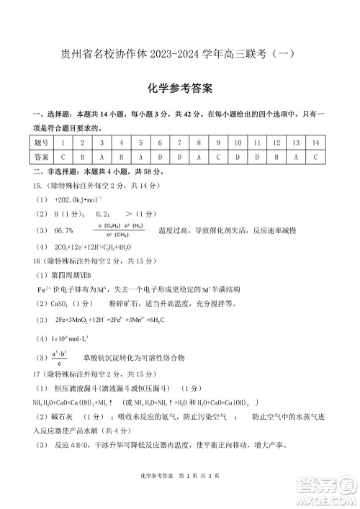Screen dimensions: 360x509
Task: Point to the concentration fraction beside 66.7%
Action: [x=117, y=230]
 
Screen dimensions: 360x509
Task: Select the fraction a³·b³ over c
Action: [x=59, y=358]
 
